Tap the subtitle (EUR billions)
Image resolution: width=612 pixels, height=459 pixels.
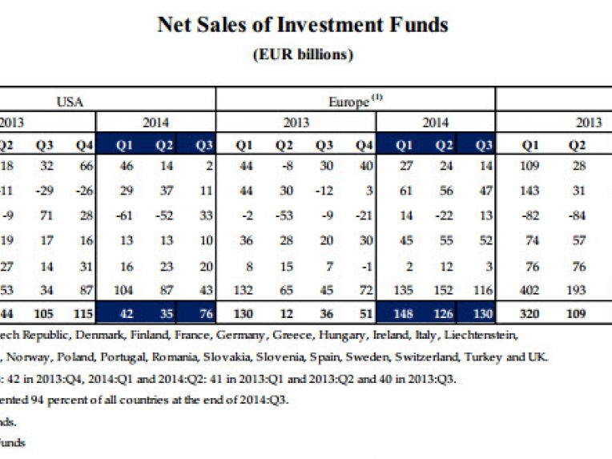click(x=304, y=54)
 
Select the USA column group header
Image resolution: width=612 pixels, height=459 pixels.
click(x=70, y=101)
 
